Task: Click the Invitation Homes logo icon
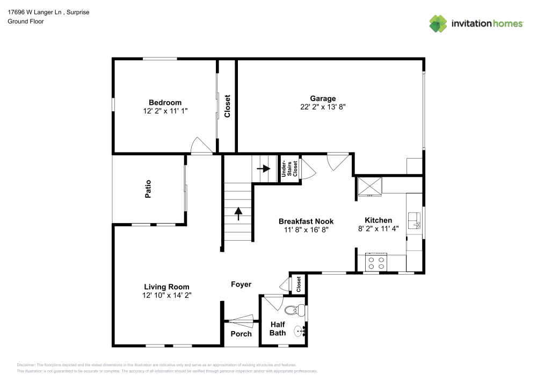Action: (438, 23)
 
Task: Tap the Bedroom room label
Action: (165, 103)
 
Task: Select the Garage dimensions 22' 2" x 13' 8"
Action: (323, 107)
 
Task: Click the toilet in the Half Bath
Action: (292, 310)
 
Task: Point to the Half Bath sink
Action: (299, 331)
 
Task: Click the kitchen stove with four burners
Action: (376, 262)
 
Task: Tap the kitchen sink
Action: (414, 220)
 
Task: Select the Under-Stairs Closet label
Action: (289, 169)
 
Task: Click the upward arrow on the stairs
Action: (238, 213)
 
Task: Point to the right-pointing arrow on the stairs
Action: (263, 168)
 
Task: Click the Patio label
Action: (148, 189)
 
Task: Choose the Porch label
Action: (241, 334)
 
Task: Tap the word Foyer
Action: (241, 284)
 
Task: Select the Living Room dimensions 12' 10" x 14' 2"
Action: (166, 295)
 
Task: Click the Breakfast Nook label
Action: (306, 221)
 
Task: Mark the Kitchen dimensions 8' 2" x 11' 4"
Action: (379, 228)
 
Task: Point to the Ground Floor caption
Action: (26, 21)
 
